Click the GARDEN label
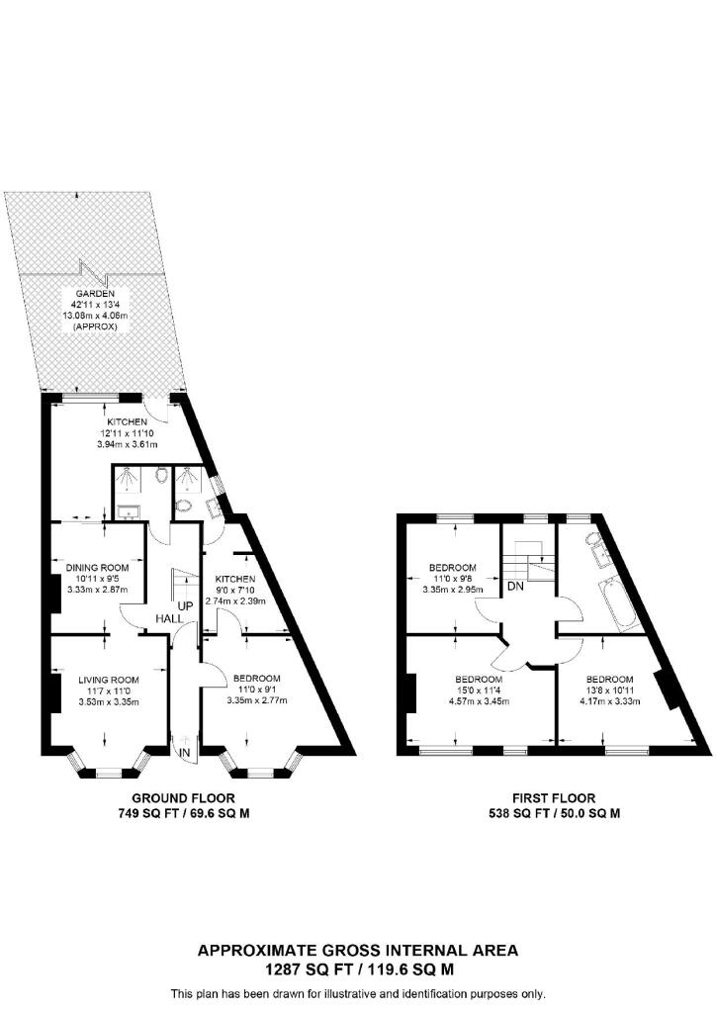tap(99, 294)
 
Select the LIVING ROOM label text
tap(109, 680)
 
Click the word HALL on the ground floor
tap(166, 619)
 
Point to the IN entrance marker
tap(185, 755)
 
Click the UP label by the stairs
tap(184, 604)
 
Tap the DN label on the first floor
tap(515, 587)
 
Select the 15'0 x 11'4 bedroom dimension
tap(480, 691)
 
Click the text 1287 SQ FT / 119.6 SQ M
tap(357, 969)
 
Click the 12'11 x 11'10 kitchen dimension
tap(128, 433)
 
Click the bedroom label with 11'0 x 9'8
tap(452, 568)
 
